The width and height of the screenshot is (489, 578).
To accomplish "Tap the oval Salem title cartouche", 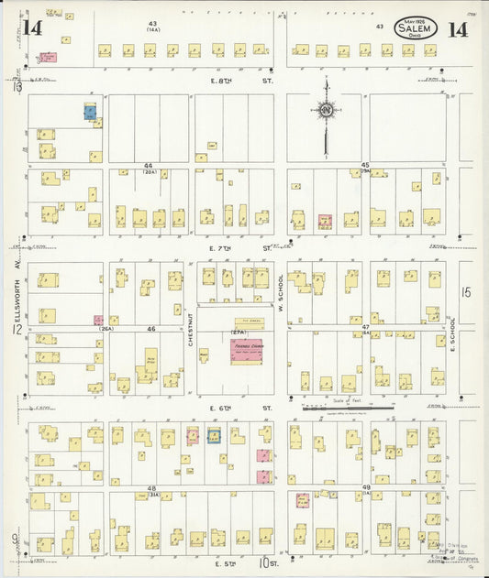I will coord(417,28).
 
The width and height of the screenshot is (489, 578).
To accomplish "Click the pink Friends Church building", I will coord(246,350).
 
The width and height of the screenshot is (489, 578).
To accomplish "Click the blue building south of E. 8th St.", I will coord(90,112).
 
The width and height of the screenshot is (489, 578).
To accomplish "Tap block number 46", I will coord(150,327).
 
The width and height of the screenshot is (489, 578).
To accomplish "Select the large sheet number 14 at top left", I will coord(33,27).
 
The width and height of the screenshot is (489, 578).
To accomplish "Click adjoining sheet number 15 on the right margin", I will coord(465,292).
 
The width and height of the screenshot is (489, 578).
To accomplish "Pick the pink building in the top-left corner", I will coord(46,57).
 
